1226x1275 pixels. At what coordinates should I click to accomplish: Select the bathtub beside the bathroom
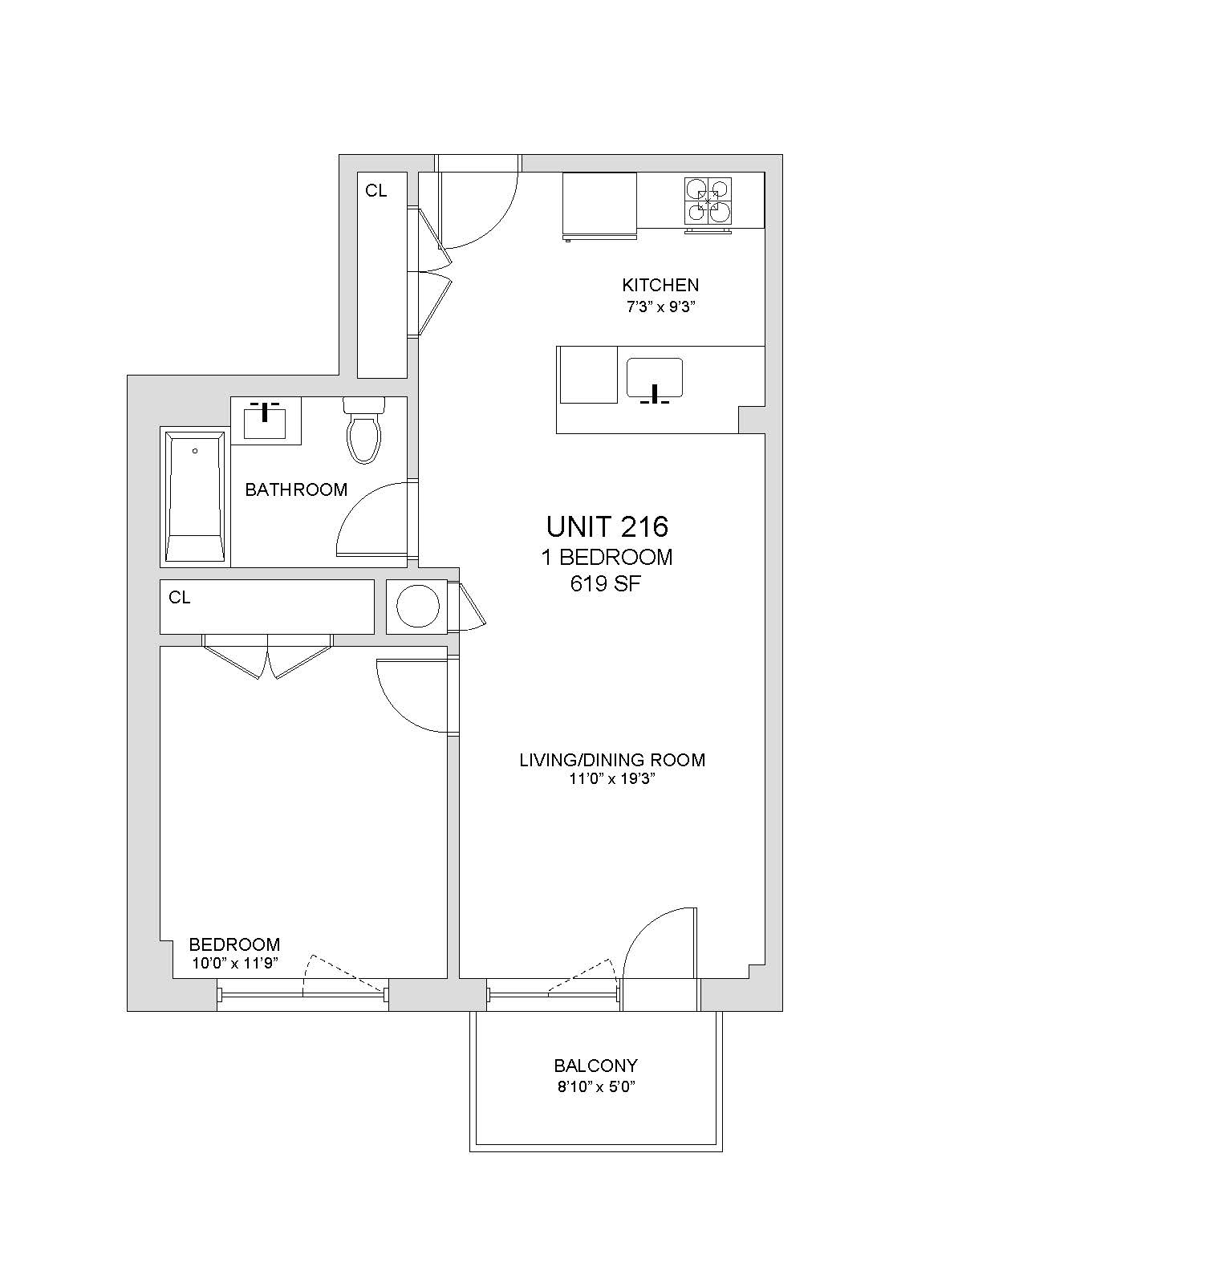pyautogui.click(x=195, y=496)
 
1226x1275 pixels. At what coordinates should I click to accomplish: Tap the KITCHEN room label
pyautogui.click(x=660, y=285)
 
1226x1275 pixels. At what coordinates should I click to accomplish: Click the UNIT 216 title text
pyautogui.click(x=607, y=526)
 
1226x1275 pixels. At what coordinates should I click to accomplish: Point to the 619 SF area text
pyautogui.click(x=606, y=584)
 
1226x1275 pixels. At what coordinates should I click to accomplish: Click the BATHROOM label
pyautogui.click(x=296, y=489)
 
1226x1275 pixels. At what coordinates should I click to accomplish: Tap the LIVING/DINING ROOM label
pyautogui.click(x=612, y=760)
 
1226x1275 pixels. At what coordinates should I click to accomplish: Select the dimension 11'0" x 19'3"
pyautogui.click(x=611, y=780)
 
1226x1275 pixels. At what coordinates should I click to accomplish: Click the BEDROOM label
pyautogui.click(x=234, y=944)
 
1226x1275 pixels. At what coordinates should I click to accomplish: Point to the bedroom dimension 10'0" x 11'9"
pyautogui.click(x=235, y=964)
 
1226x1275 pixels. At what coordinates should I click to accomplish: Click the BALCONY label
pyautogui.click(x=595, y=1066)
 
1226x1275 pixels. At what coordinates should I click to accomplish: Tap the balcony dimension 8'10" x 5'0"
pyautogui.click(x=595, y=1087)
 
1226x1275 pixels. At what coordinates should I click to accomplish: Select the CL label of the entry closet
pyautogui.click(x=376, y=191)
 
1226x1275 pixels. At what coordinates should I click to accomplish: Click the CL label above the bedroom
pyautogui.click(x=180, y=598)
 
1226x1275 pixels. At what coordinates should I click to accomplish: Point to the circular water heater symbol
pyautogui.click(x=418, y=606)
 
